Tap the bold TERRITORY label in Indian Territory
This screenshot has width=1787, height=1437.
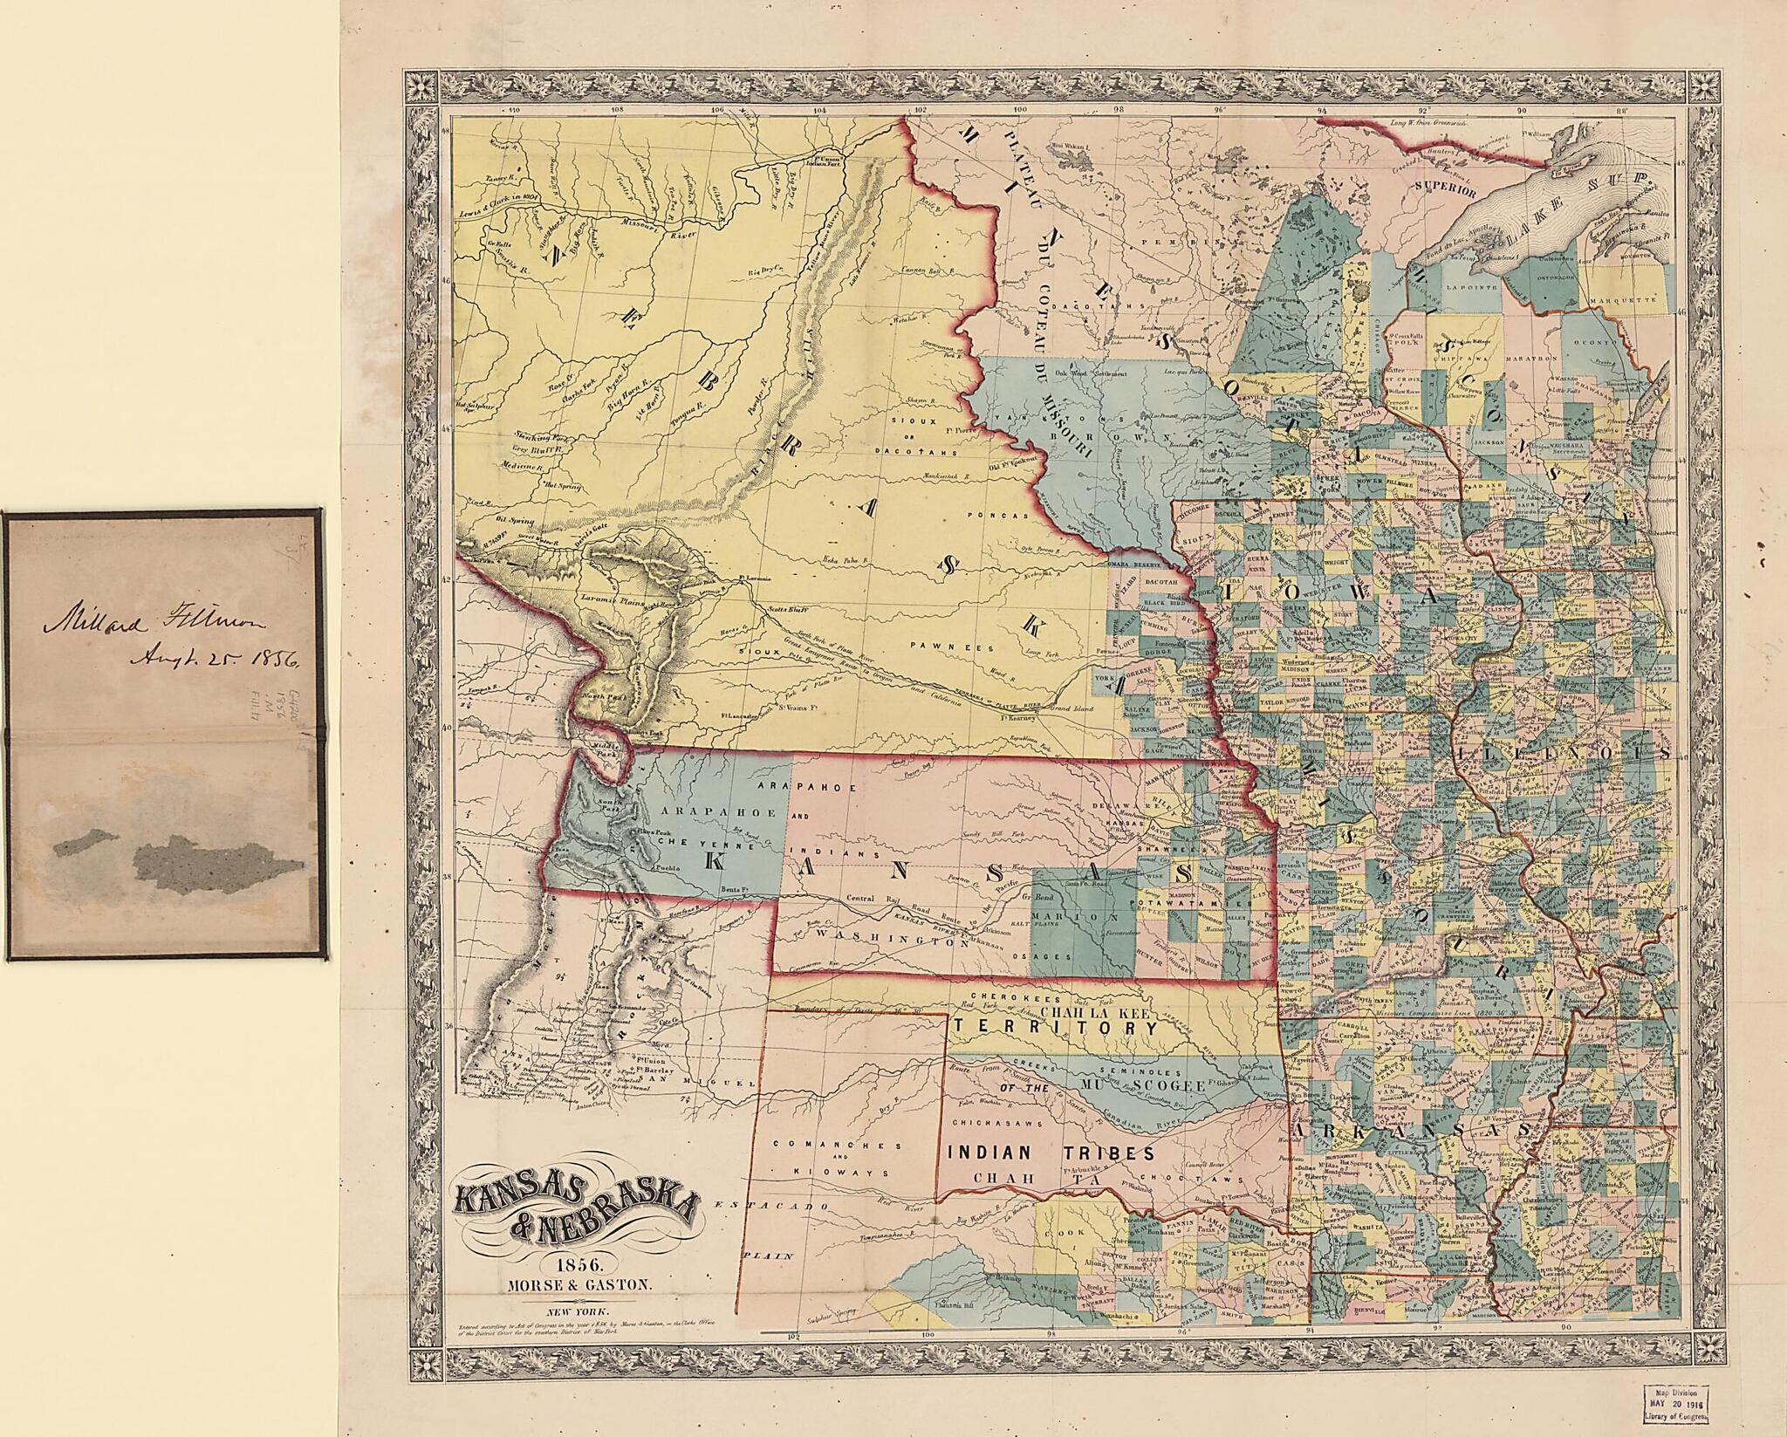1056,1029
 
